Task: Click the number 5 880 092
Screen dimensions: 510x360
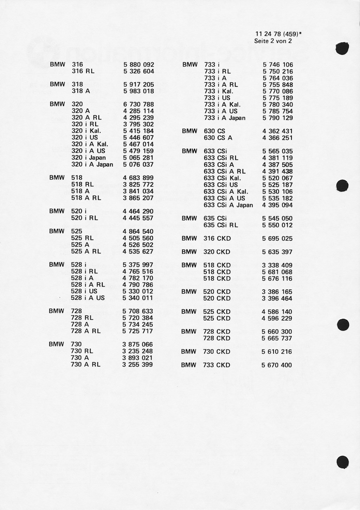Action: pyautogui.click(x=139, y=65)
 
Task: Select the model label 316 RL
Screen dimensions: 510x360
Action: pyautogui.click(x=83, y=71)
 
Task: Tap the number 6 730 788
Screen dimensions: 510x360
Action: pyautogui.click(x=139, y=104)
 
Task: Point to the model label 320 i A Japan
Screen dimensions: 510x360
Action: pyautogui.click(x=92, y=164)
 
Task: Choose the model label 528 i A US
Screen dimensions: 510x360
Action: pyautogui.click(x=88, y=298)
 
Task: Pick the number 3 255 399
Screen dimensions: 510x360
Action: pyautogui.click(x=137, y=365)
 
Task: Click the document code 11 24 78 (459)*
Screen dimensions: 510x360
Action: pyautogui.click(x=279, y=34)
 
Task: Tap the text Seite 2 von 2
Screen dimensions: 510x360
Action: pyautogui.click(x=273, y=41)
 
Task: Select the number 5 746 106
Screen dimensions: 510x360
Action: pyautogui.click(x=278, y=65)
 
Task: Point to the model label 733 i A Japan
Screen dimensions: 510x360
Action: pyautogui.click(x=225, y=118)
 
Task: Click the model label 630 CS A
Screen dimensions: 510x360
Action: pyautogui.click(x=218, y=138)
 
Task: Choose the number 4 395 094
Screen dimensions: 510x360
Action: pyautogui.click(x=277, y=205)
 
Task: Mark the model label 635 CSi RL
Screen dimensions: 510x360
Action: pyautogui.click(x=221, y=225)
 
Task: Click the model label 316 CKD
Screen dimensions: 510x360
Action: pyautogui.click(x=217, y=238)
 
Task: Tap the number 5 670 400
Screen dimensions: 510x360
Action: pyautogui.click(x=277, y=365)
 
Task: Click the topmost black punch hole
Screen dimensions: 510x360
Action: pyautogui.click(x=342, y=48)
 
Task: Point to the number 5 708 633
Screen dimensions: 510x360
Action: pyautogui.click(x=138, y=311)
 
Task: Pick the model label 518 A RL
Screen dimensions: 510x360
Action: pyautogui.click(x=86, y=198)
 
